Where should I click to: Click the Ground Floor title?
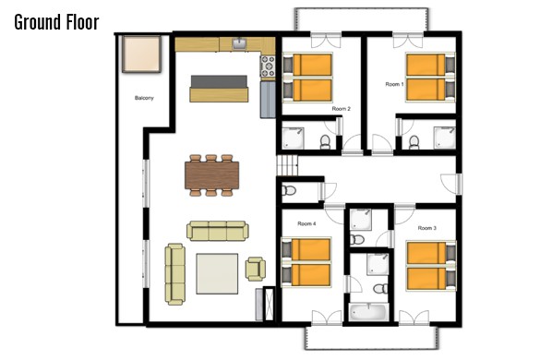[57, 22]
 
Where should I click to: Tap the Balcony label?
[144, 98]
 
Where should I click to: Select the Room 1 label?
[394, 84]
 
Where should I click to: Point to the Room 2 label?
[341, 109]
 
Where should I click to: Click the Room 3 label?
[427, 228]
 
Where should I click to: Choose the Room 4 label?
[306, 223]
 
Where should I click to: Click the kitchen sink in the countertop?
[239, 43]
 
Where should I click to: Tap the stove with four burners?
[268, 66]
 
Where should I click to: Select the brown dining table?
[211, 175]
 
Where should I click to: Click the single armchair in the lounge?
[255, 269]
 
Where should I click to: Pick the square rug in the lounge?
[217, 273]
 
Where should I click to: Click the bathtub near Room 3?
[369, 312]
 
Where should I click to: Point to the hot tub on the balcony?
[141, 54]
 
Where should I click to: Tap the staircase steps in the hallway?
[287, 165]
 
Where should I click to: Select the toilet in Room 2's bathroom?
[325, 142]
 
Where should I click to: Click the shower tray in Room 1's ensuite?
[444, 138]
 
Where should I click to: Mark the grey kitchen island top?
[219, 81]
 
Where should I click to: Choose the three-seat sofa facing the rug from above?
[218, 231]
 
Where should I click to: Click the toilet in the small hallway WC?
[289, 190]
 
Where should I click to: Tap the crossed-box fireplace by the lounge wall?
[269, 303]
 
